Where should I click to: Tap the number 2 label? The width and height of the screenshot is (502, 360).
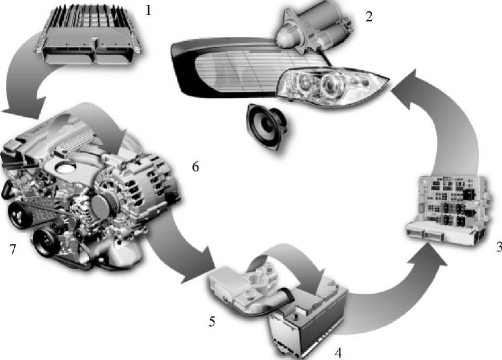coord(369,16)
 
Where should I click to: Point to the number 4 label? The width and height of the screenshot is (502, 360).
coord(338,352)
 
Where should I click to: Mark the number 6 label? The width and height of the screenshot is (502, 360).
coord(195,167)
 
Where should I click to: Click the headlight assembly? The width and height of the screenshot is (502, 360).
coord(330,86)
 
